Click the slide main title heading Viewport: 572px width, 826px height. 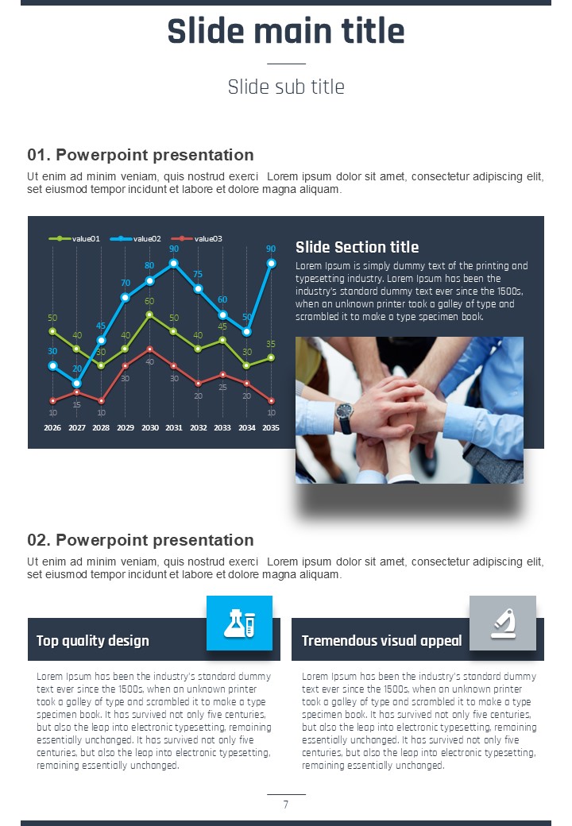[286, 30]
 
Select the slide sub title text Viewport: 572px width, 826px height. [286, 87]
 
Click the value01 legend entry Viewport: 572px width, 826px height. [74, 238]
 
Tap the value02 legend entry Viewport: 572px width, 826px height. [135, 238]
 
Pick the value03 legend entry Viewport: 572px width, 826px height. [196, 238]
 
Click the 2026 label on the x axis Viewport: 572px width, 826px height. [52, 428]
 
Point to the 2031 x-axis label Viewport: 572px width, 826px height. [174, 428]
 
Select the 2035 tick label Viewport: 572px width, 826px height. [271, 428]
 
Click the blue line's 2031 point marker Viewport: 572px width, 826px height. [174, 263]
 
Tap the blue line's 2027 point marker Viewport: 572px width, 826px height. [77, 384]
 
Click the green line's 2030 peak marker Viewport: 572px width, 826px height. [149, 315]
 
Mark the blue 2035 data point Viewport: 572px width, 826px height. [271, 263]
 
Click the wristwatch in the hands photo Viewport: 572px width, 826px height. [345, 418]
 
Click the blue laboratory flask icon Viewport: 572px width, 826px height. [240, 623]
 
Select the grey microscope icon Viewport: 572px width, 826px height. [503, 623]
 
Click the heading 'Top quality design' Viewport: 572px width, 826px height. [93, 641]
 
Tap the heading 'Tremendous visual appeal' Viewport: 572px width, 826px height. [382, 641]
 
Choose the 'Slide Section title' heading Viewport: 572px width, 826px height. [357, 247]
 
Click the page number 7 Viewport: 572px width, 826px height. [286, 805]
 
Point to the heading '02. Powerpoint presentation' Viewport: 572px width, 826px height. [141, 540]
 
